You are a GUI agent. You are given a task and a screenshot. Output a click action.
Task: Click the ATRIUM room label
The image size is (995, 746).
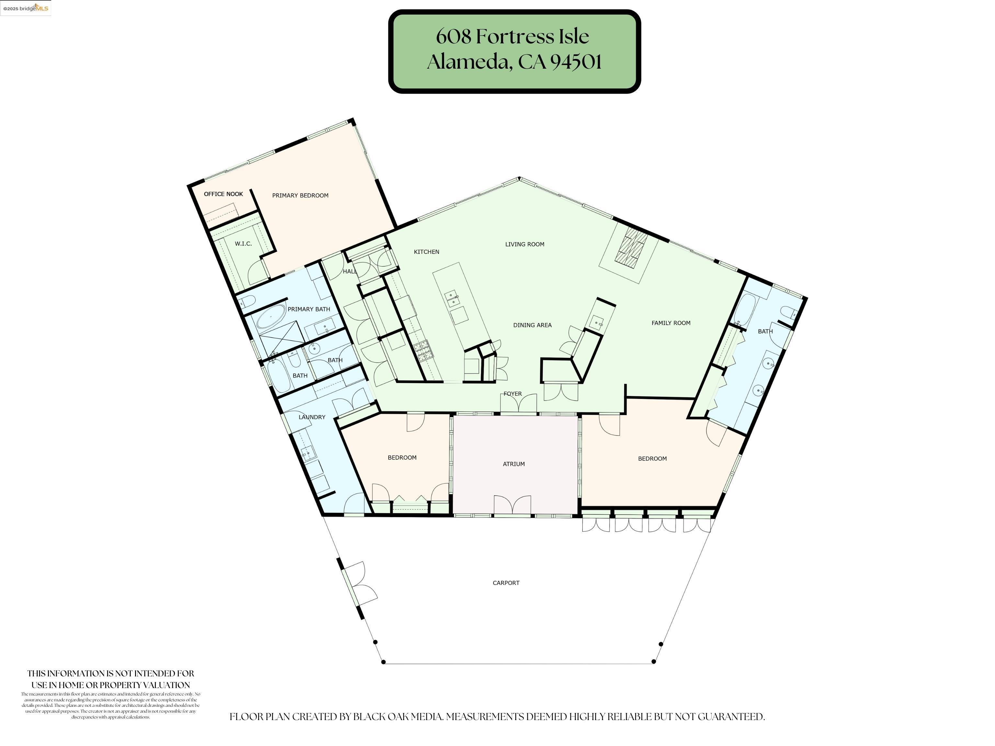[x=514, y=464]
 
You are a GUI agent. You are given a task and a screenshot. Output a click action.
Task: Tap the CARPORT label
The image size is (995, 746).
[x=506, y=583]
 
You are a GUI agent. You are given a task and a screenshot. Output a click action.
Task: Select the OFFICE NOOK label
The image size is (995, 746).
[x=223, y=194]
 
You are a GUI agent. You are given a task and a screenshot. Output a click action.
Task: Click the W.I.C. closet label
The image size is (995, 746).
[x=243, y=244]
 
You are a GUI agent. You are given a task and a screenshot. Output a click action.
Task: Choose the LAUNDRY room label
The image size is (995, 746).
[x=312, y=417]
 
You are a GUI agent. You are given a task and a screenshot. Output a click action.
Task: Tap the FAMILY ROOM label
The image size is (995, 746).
[x=671, y=323]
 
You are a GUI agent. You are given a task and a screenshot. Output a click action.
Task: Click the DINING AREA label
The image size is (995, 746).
[x=532, y=325]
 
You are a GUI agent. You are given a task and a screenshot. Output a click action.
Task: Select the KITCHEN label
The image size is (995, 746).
[x=427, y=252]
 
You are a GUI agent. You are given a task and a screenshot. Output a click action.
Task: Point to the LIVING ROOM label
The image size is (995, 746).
[x=524, y=244]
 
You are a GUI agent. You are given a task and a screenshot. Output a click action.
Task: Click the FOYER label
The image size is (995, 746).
[x=512, y=394]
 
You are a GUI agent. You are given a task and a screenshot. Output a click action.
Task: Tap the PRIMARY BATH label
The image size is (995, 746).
[x=309, y=309]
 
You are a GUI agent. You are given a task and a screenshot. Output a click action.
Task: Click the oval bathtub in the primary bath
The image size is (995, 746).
[x=271, y=317]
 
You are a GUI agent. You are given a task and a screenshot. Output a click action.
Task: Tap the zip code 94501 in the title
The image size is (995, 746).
[x=576, y=62]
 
